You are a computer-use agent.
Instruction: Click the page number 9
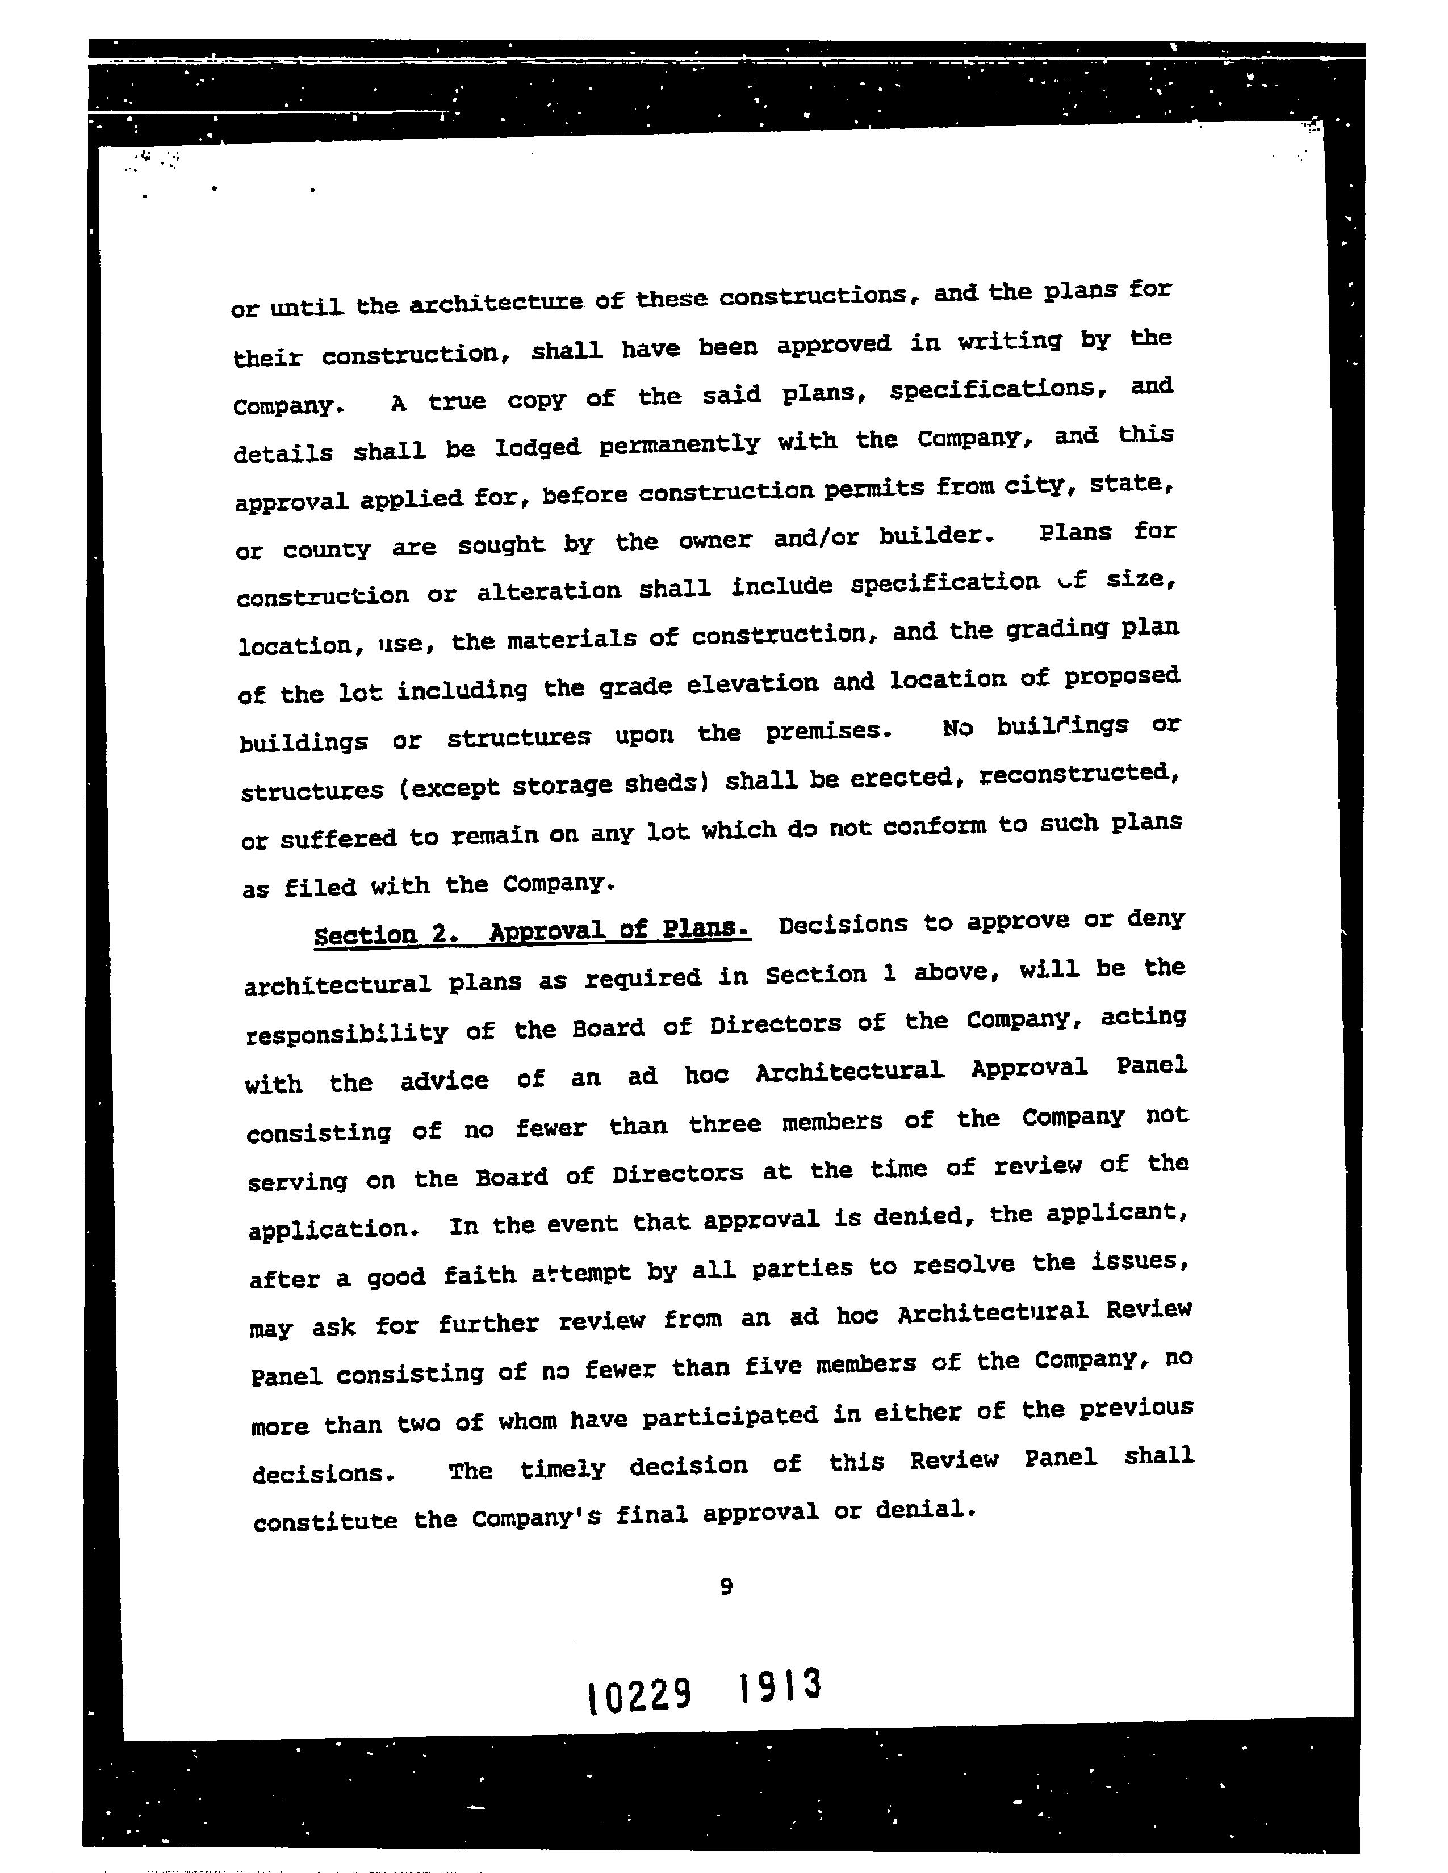(726, 1586)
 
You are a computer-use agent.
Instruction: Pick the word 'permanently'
(679, 443)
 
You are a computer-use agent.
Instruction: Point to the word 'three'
(725, 1123)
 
